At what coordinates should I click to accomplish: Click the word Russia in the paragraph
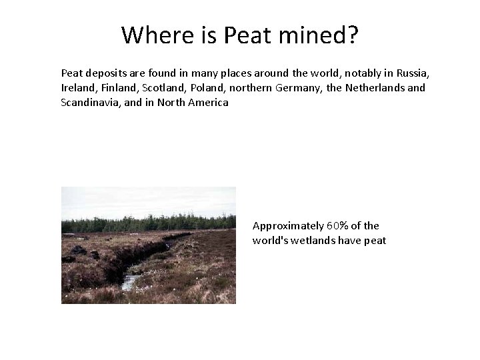[x=407, y=72]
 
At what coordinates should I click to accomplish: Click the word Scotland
[x=165, y=87]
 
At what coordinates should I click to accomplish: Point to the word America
[x=206, y=103]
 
